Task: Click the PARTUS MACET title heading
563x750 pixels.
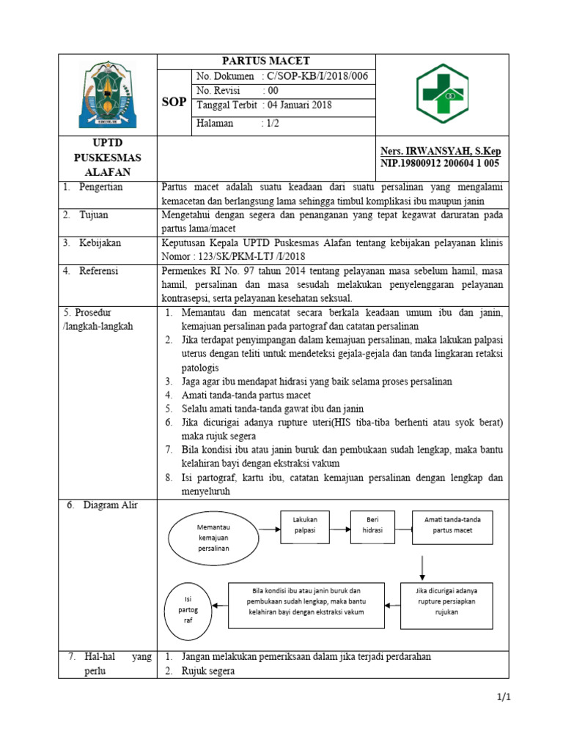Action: click(267, 61)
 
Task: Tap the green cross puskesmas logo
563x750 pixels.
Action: click(443, 93)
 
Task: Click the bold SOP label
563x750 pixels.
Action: click(173, 102)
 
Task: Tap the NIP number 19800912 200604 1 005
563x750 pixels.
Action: click(439, 163)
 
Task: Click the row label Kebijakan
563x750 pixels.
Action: click(100, 242)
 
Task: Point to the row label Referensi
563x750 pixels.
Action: click(101, 271)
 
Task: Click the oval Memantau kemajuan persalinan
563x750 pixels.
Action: click(213, 537)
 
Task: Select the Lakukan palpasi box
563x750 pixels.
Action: click(304, 524)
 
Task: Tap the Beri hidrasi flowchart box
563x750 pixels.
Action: click(372, 524)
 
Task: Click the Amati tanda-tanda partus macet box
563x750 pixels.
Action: click(452, 524)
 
